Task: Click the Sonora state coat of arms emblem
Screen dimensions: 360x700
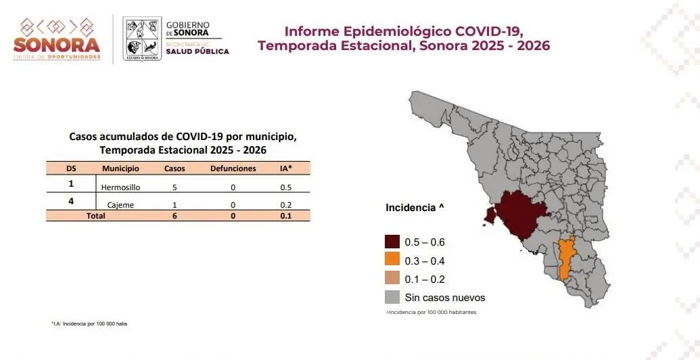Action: [141, 39]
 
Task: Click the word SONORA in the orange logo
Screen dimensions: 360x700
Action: [57, 45]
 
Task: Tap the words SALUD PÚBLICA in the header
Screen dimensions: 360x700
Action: [197, 51]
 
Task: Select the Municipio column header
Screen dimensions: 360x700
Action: [120, 168]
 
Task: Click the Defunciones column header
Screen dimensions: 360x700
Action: [233, 168]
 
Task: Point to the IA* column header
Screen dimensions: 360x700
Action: [285, 168]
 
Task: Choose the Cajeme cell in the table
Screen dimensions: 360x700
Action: [120, 204]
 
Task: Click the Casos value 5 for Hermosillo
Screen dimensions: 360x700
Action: [174, 187]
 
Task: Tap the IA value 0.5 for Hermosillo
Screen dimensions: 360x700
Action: [285, 187]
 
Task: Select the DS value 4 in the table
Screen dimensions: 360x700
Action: [70, 202]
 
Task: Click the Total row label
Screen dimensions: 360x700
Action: [95, 216]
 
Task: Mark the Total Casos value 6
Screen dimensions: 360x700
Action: [174, 216]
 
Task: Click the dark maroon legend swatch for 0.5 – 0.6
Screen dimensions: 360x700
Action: [392, 242]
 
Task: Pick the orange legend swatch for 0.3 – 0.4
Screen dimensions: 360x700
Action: [392, 261]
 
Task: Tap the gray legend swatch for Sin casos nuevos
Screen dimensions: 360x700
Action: [392, 297]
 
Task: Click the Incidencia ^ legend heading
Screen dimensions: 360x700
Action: [415, 208]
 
